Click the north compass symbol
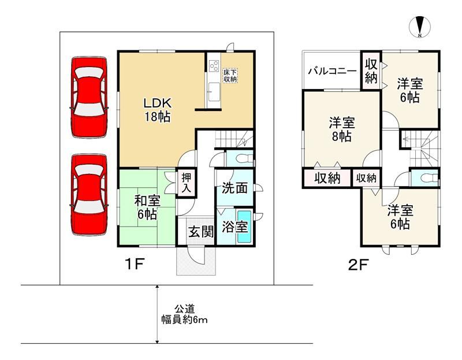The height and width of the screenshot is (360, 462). click(x=420, y=27)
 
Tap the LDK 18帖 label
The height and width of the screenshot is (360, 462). click(x=157, y=110)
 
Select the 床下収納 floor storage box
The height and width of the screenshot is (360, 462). click(x=230, y=76)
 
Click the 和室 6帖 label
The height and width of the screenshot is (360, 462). click(x=147, y=208)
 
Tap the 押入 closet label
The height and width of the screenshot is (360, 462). click(x=186, y=183)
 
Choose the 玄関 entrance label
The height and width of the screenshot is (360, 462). click(x=201, y=232)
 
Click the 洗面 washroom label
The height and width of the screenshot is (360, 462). click(x=234, y=188)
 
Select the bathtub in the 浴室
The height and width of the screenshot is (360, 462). click(x=244, y=227)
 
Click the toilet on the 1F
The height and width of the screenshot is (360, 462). click(x=244, y=159)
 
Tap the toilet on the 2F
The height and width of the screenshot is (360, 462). click(x=429, y=178)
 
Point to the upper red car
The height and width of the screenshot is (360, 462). click(x=89, y=97)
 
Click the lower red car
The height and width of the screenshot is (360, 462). click(x=89, y=195)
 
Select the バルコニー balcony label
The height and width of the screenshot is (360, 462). click(x=333, y=71)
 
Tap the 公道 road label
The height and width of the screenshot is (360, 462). click(x=185, y=309)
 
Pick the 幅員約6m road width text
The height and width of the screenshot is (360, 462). click(x=184, y=320)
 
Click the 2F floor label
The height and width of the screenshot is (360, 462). click(x=358, y=265)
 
